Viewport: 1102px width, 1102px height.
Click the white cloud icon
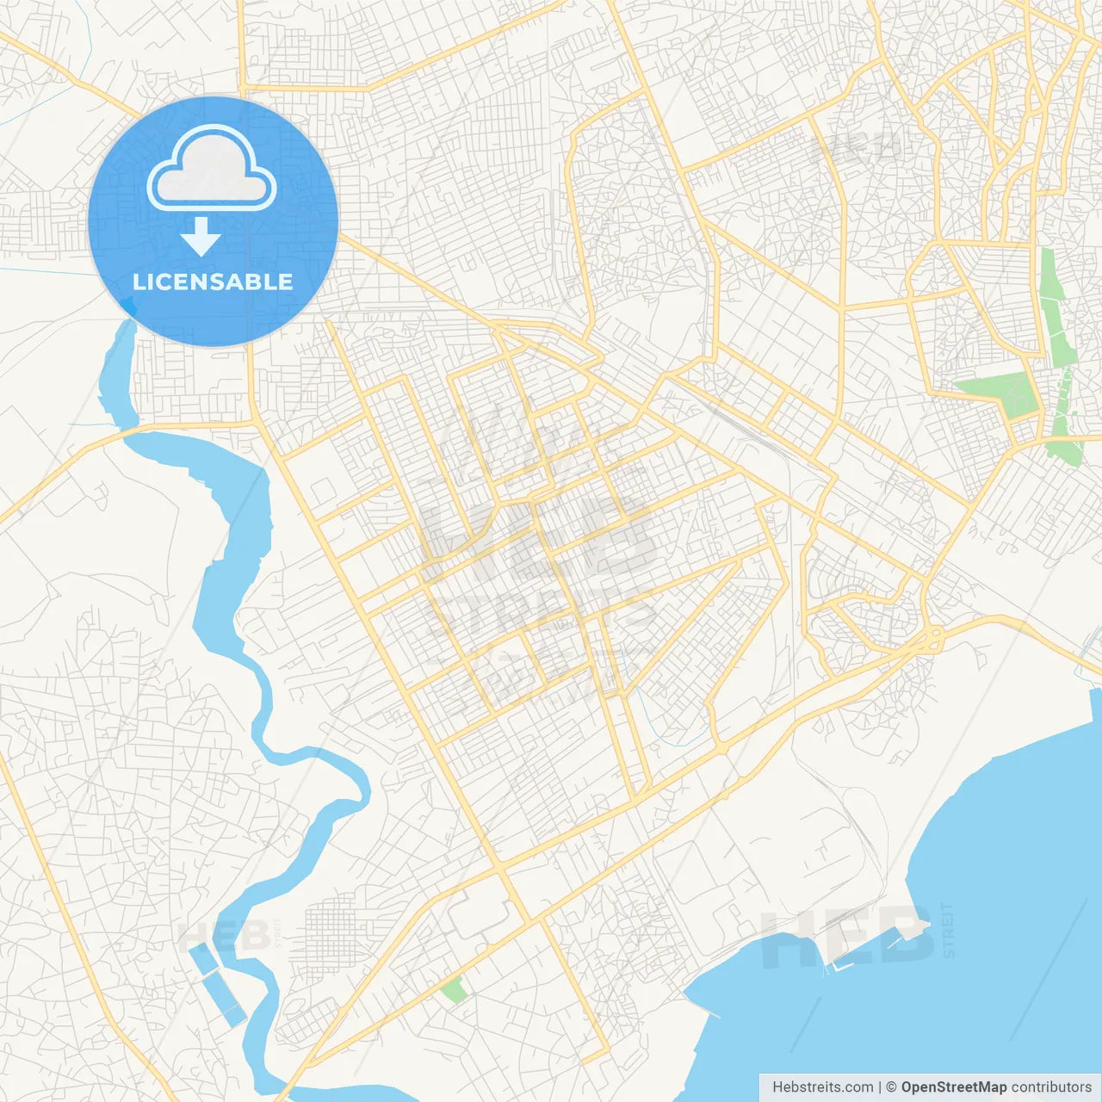click(x=212, y=169)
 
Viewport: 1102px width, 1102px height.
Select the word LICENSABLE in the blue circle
click(x=213, y=282)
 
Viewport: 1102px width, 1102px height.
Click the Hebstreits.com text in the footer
click(x=822, y=1087)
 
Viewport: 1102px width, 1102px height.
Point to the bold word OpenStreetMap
click(x=953, y=1087)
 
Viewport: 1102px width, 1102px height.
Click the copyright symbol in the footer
click(x=891, y=1087)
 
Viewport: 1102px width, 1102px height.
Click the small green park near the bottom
click(x=454, y=990)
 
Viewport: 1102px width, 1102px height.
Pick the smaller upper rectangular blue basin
click(x=202, y=958)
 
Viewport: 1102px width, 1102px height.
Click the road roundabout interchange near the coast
click(x=932, y=640)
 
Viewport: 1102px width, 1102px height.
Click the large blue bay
click(x=990, y=861)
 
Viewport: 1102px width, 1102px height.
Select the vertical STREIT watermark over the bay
click(x=949, y=930)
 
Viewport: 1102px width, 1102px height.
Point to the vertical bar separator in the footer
click(x=879, y=1087)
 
